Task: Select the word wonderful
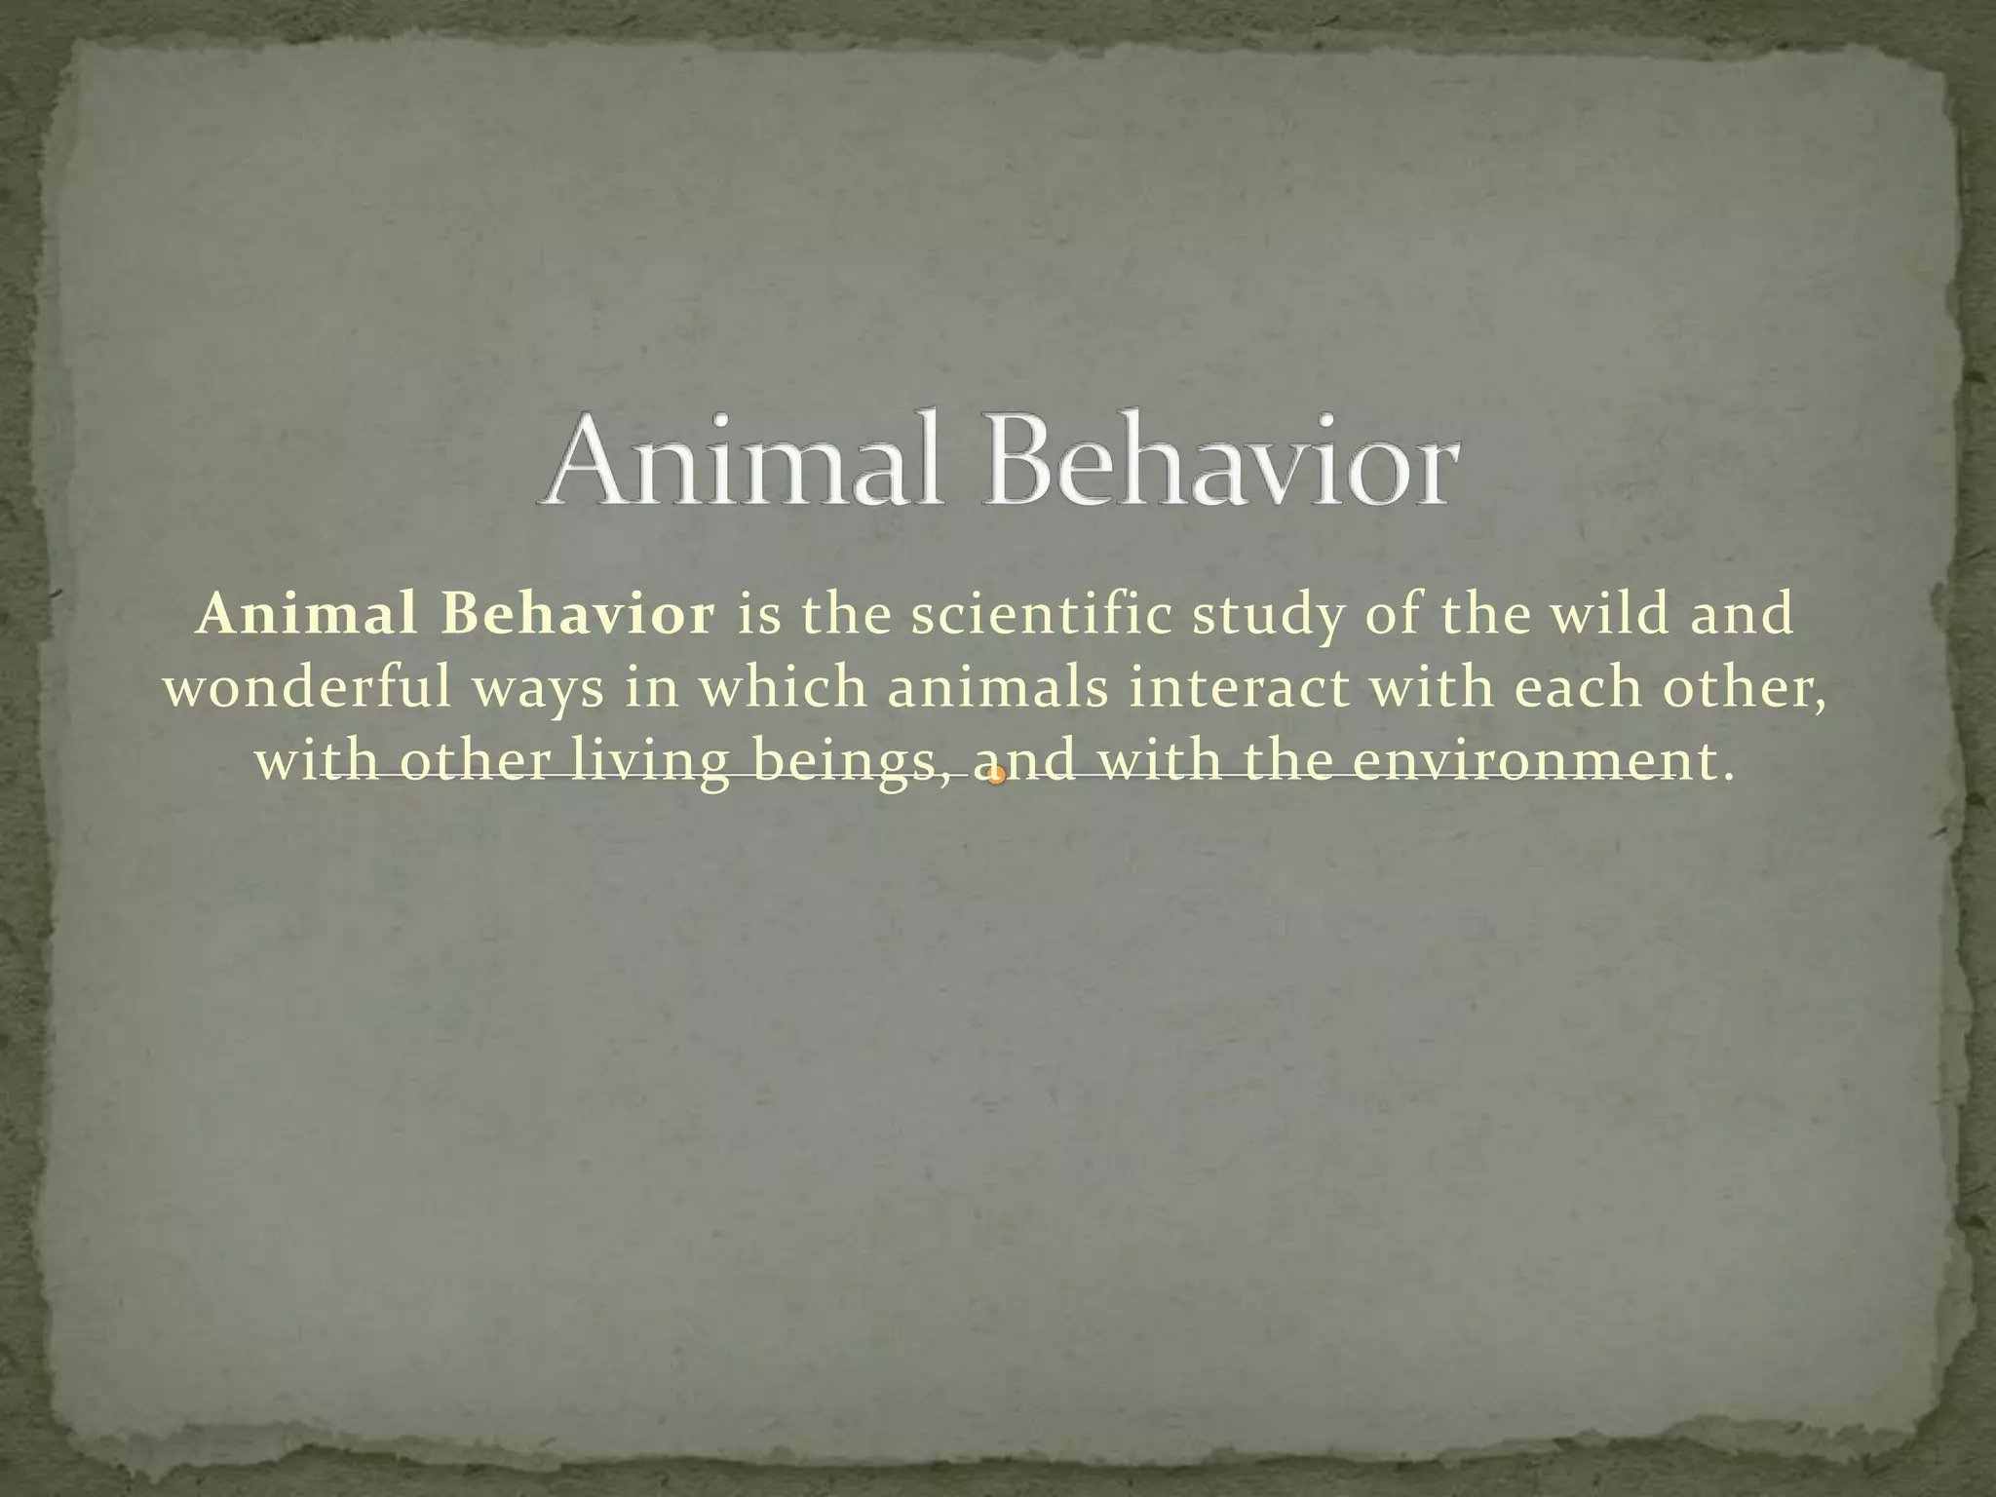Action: pos(309,689)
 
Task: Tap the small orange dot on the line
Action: pos(995,776)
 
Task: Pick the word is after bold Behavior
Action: pos(759,616)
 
